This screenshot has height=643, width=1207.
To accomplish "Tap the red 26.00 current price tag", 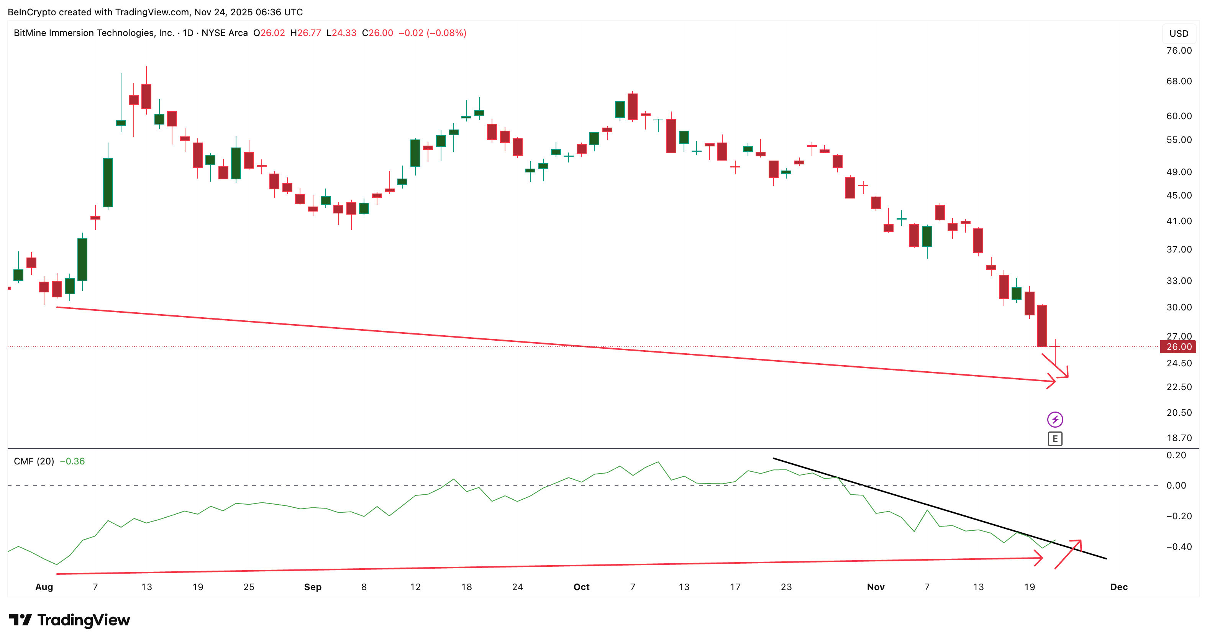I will click(x=1178, y=347).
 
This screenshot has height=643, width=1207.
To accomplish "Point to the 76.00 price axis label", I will click(x=1179, y=51).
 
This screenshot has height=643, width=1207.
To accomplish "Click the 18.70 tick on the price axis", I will click(x=1179, y=438).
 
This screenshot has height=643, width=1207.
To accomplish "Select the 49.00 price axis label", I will click(x=1179, y=172).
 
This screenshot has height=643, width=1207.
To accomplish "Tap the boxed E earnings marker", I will click(x=1055, y=439).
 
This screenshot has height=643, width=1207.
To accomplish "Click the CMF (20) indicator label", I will click(x=34, y=461).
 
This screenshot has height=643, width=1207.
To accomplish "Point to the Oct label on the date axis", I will click(x=582, y=587).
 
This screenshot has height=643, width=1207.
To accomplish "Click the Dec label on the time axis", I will click(x=1118, y=587).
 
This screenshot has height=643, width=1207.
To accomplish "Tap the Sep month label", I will click(x=313, y=587).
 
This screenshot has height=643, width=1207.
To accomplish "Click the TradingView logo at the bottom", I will click(x=69, y=620).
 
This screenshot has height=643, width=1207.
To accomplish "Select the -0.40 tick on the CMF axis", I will click(x=1179, y=546).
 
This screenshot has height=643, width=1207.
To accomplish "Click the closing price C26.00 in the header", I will click(x=378, y=33).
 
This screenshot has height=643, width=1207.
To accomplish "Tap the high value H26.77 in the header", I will click(x=305, y=33).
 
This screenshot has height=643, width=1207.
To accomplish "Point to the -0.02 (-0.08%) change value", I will click(x=432, y=33).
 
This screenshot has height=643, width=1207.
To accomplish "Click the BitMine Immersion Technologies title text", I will click(x=94, y=33).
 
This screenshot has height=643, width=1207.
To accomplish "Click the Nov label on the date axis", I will click(x=875, y=587).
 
